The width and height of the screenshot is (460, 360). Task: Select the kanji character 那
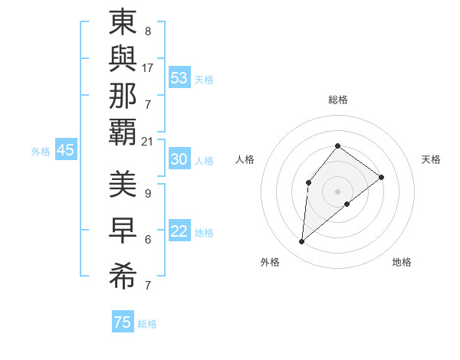123,97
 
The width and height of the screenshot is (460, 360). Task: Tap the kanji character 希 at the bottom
123,277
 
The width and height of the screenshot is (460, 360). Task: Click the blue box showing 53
179,78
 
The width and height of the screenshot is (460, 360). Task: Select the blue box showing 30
179,159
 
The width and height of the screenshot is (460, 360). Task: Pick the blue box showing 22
179,232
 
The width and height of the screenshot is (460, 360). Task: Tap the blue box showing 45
65,151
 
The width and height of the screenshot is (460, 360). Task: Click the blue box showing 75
122,322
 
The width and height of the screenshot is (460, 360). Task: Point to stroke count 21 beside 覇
148,141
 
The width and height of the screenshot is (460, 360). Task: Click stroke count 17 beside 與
148,68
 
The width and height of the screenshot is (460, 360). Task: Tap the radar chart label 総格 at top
337,100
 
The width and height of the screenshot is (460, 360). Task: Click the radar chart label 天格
431,159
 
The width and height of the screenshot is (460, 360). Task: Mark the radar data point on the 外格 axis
302,242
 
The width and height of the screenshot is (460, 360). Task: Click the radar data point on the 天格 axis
381,177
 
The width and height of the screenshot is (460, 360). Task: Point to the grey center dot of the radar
337,191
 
